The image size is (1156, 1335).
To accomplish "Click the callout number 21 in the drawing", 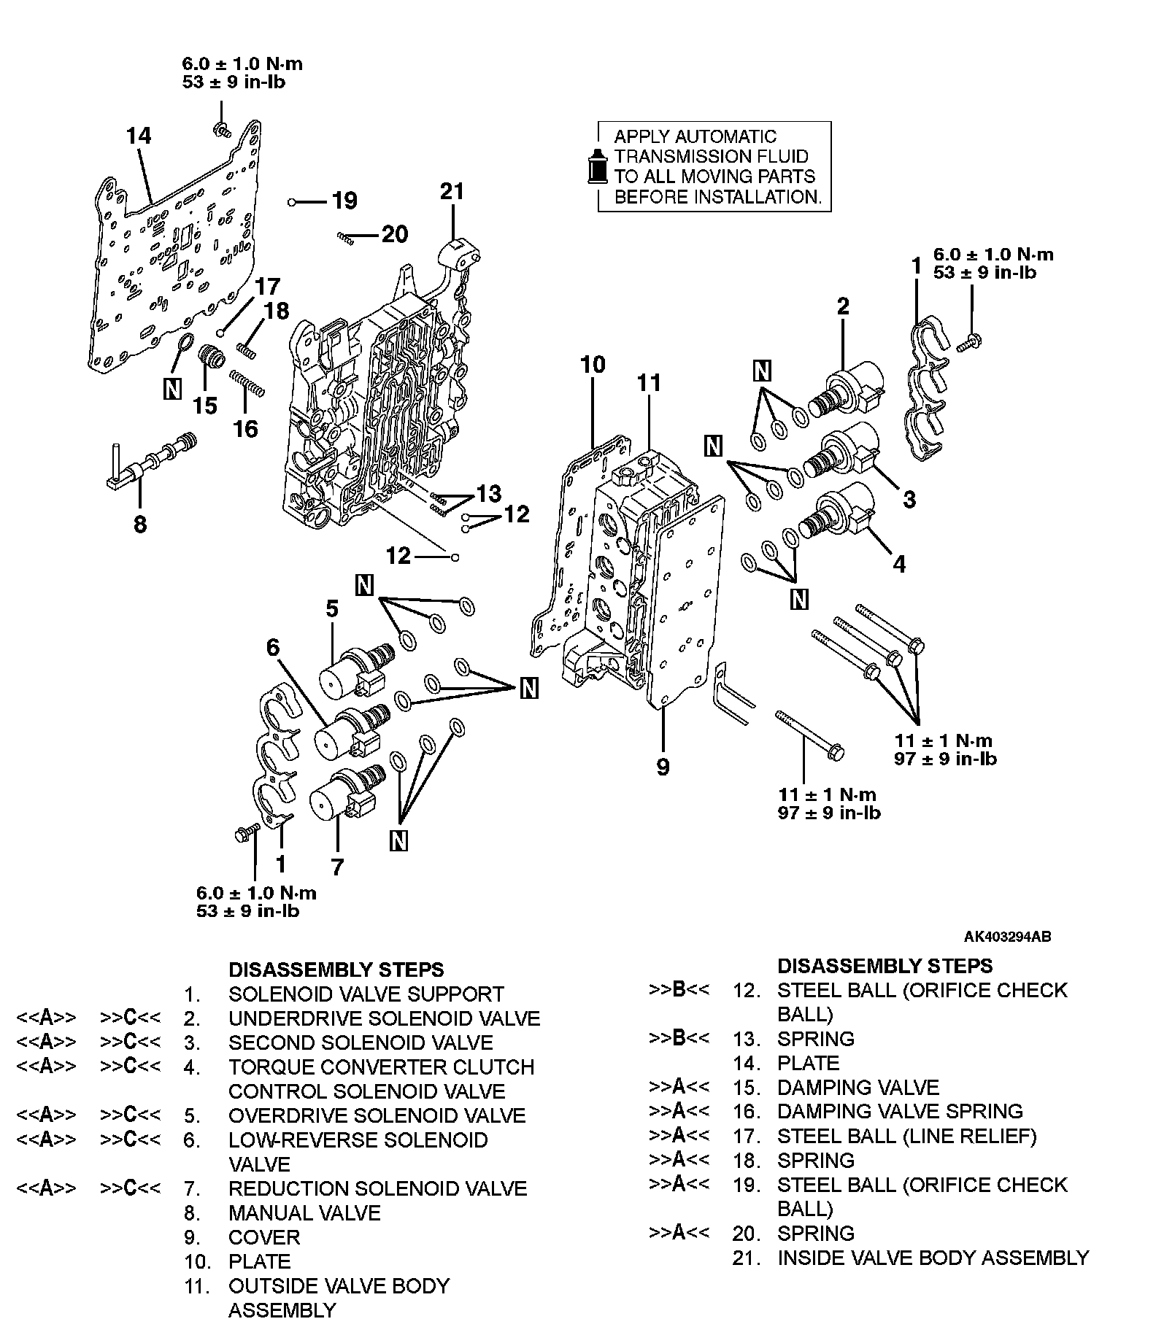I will [452, 192].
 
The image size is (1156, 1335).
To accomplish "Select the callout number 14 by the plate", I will [138, 136].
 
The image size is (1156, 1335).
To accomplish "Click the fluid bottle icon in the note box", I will [598, 166].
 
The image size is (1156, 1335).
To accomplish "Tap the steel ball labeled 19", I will [291, 201].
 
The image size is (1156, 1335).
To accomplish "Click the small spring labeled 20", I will [346, 236].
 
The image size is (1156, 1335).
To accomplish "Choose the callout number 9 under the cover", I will [663, 767].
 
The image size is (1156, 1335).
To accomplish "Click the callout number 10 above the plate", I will [593, 364].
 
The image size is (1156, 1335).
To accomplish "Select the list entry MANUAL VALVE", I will [304, 1213].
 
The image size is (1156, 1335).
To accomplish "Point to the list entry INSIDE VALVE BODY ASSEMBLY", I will [933, 1258].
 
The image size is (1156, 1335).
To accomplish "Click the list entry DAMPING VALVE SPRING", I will [900, 1112].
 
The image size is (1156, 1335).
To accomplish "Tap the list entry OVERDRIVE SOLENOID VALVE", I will [377, 1116].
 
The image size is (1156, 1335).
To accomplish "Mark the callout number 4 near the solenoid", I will [900, 564].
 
